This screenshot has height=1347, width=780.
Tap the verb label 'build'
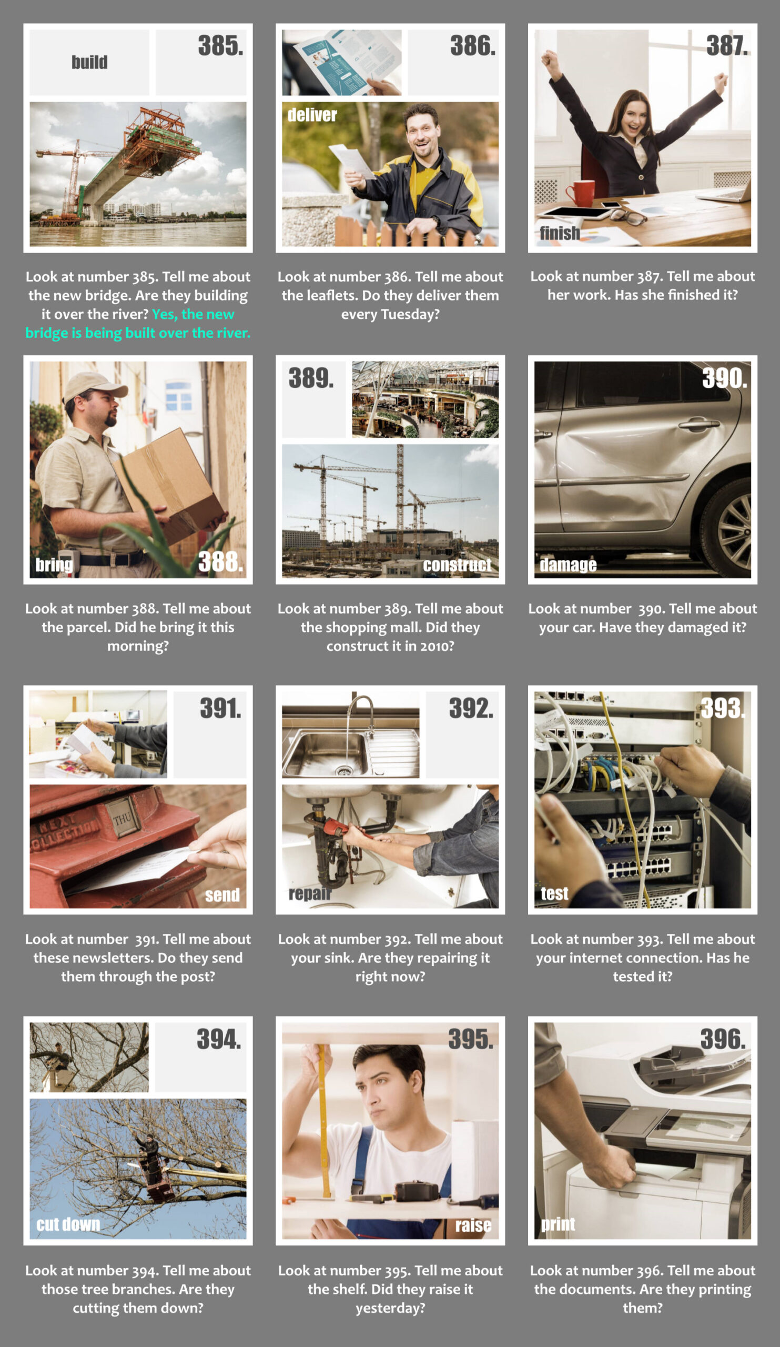[x=90, y=62]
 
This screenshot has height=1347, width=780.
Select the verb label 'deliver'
[x=312, y=115]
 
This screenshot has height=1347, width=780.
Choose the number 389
[x=311, y=378]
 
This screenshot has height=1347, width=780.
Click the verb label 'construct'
[x=457, y=565]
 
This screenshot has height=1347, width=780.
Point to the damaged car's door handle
[x=699, y=424]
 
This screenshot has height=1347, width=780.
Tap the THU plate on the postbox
[x=122, y=818]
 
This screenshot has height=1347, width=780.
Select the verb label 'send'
[x=222, y=895]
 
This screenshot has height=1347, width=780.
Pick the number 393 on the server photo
[x=723, y=708]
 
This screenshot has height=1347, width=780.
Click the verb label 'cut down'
[x=68, y=1224]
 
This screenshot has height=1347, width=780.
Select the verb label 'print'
[x=558, y=1223]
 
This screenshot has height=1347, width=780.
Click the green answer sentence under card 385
[x=138, y=324]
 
